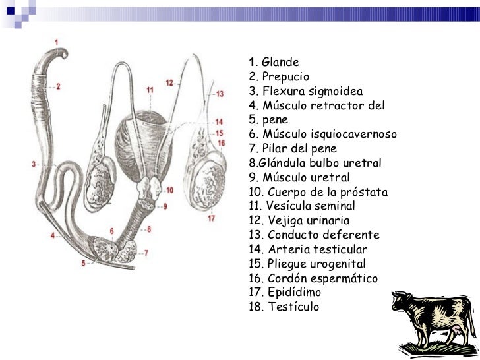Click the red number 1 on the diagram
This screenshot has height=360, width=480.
click(x=56, y=43)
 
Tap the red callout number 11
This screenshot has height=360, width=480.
click(x=150, y=90)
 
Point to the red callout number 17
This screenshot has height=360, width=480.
click(x=211, y=218)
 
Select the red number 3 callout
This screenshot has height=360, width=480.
click(x=34, y=164)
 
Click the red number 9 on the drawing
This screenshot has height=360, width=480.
click(x=165, y=206)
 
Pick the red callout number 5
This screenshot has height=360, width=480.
click(x=83, y=263)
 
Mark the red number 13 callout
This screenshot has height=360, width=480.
click(x=220, y=94)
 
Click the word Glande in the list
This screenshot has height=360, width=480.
click(x=280, y=62)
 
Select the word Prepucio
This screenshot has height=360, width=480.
click(x=285, y=76)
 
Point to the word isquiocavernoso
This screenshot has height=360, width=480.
click(x=354, y=134)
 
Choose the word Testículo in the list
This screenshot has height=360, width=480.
click(x=293, y=307)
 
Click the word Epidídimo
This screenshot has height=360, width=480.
click(x=294, y=292)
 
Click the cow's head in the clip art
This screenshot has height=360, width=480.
click(x=402, y=301)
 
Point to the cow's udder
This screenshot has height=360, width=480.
click(x=457, y=330)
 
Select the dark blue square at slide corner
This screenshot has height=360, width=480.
click(x=11, y=11)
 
